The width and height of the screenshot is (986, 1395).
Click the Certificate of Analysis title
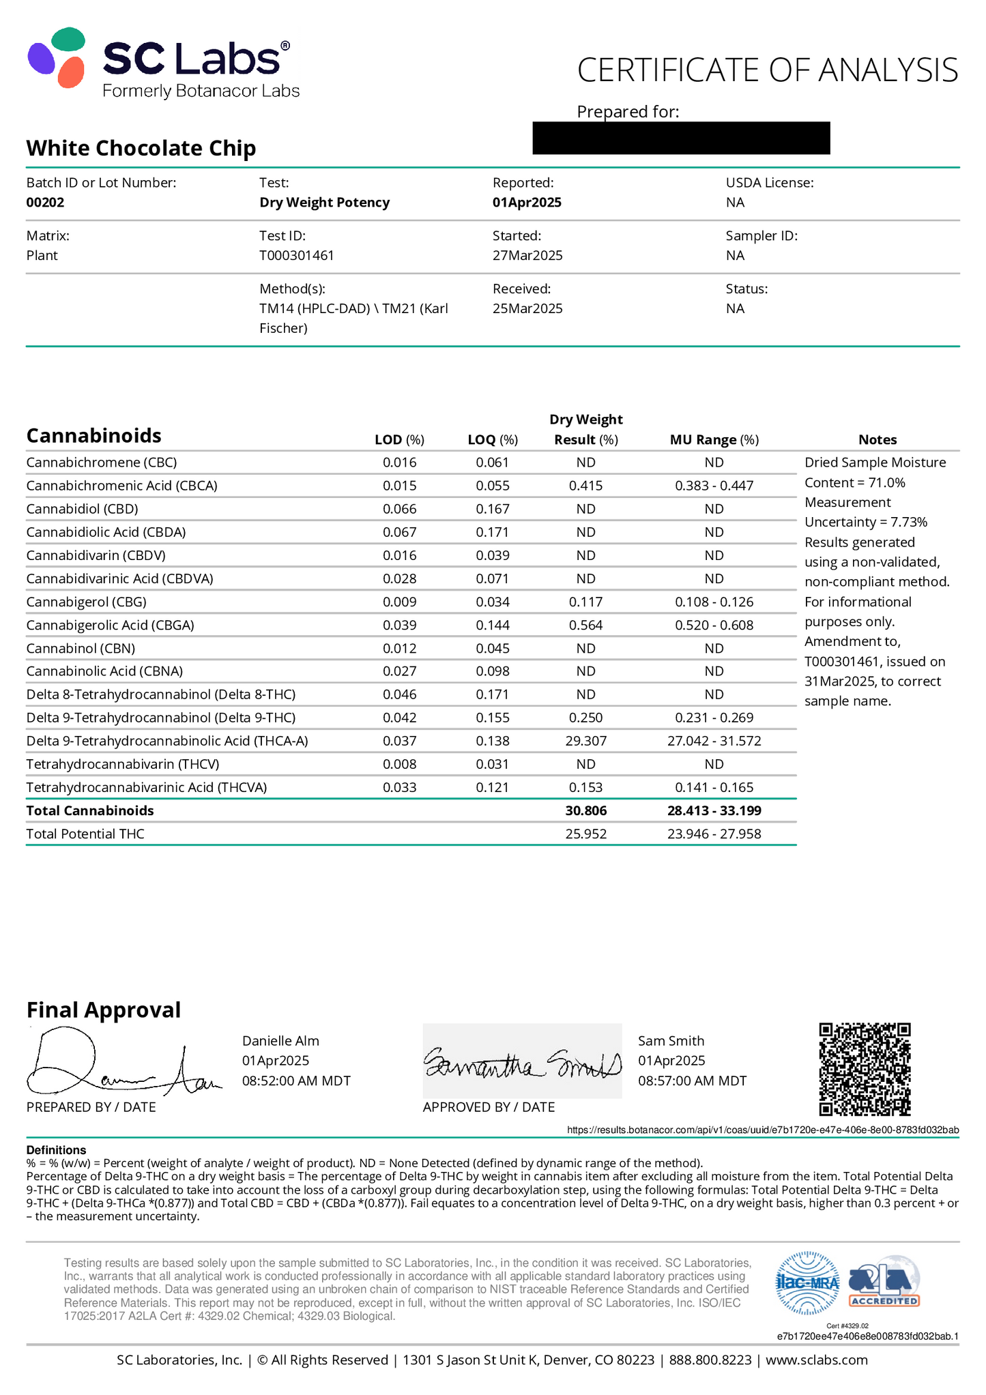[x=767, y=70]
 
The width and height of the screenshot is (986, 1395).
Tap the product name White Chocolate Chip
[x=141, y=148]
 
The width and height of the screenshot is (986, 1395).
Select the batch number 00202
[x=45, y=203]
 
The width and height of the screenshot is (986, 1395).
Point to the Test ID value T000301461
[x=297, y=256]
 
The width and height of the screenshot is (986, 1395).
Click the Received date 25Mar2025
[x=527, y=309]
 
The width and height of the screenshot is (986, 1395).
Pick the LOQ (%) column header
[x=493, y=440]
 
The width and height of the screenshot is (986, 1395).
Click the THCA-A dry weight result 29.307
[x=585, y=741]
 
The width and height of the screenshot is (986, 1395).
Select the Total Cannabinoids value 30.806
[x=585, y=810]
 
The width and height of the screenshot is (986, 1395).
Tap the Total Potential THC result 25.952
[x=585, y=834]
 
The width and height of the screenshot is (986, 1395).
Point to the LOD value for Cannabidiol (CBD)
[x=399, y=509]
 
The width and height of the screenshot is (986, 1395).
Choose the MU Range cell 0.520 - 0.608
[x=714, y=625]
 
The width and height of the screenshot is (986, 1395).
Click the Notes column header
[x=878, y=440]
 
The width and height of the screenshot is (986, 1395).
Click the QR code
[x=865, y=1069]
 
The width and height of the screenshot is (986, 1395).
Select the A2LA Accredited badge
[x=884, y=1282]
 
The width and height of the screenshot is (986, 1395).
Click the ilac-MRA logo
[x=808, y=1282]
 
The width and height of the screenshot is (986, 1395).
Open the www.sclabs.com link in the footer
[x=816, y=1360]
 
